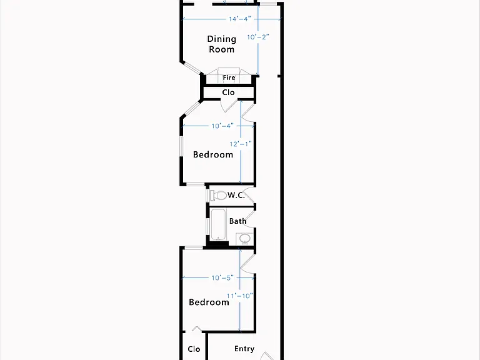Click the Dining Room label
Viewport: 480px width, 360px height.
[x=222, y=44]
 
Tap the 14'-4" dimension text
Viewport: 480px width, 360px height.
[x=240, y=19]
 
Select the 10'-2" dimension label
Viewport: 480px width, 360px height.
[x=258, y=37]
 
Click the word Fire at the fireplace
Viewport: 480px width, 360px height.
[x=229, y=77]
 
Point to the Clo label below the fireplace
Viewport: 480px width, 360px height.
[x=228, y=92]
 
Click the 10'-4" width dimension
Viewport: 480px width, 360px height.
[x=222, y=126]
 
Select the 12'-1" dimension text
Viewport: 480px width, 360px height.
[x=241, y=144]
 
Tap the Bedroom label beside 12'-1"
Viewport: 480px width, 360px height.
[x=213, y=154]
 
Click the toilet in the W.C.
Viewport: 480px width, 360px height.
[x=217, y=195]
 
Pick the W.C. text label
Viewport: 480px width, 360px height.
[x=236, y=195]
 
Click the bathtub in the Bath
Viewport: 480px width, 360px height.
[x=218, y=225]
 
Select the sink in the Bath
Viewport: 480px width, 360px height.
[x=244, y=239]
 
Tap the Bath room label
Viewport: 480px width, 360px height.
[x=238, y=221]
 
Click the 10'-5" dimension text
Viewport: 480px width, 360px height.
[x=222, y=277]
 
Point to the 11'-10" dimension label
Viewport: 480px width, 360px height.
[x=240, y=296]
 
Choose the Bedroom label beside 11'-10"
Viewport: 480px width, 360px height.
[x=209, y=302]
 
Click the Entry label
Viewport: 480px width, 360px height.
[x=244, y=349]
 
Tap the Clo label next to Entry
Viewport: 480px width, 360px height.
[x=194, y=349]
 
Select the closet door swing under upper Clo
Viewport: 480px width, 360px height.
[x=229, y=106]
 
